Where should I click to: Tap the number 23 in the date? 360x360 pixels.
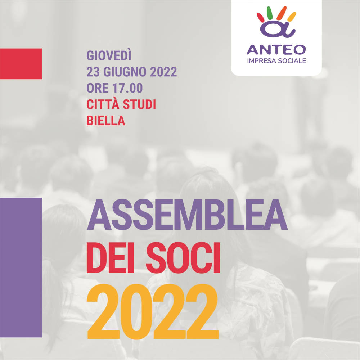click(93, 72)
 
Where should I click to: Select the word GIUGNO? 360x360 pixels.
click(125, 72)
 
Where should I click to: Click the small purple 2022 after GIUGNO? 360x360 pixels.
click(163, 72)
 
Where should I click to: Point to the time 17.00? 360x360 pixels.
click(127, 88)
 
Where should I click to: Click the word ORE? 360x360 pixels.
click(97, 88)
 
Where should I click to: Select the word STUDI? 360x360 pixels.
click(139, 104)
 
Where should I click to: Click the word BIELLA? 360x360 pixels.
click(106, 121)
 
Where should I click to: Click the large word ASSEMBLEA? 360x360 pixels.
click(187, 215)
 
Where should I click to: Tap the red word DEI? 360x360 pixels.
click(110, 258)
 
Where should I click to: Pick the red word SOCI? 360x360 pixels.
click(183, 258)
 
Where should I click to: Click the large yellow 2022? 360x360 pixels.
click(153, 311)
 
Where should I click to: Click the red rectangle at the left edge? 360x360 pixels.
click(21, 64)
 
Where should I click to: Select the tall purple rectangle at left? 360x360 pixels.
click(21, 267)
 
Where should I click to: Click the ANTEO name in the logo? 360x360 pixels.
click(276, 50)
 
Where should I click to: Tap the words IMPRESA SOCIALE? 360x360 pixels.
click(276, 61)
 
